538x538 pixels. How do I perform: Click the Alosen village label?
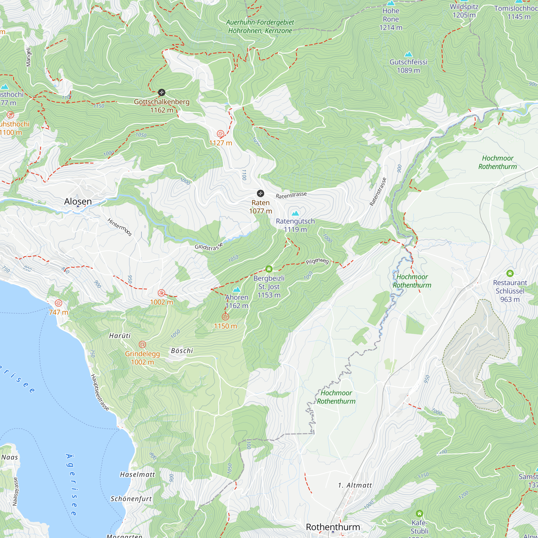(x=78, y=201)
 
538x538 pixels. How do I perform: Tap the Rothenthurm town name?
(x=333, y=527)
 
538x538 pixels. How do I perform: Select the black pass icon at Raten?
(x=260, y=193)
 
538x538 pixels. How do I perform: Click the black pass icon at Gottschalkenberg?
(x=161, y=93)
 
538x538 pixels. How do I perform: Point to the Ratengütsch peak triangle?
(x=295, y=214)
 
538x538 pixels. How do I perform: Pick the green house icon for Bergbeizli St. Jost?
(x=269, y=269)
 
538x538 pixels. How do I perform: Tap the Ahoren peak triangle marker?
(x=237, y=290)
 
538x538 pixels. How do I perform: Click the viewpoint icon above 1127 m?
(x=220, y=134)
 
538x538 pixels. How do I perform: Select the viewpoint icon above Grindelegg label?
(x=142, y=345)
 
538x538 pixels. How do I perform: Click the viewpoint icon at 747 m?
(x=58, y=303)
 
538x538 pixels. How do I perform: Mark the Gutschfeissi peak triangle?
(x=408, y=54)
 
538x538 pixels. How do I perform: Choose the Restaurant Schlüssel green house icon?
(x=510, y=273)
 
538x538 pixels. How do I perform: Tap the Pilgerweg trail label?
(x=317, y=261)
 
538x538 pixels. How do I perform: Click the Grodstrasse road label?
(x=209, y=246)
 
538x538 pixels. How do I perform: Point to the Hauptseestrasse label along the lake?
(x=100, y=392)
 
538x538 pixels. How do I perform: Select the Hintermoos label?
(x=120, y=227)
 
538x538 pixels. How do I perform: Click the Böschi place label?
(x=182, y=351)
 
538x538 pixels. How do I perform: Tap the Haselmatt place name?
(x=137, y=475)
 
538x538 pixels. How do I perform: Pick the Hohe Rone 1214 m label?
(x=391, y=19)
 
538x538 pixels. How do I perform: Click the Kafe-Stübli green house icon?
(x=419, y=513)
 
